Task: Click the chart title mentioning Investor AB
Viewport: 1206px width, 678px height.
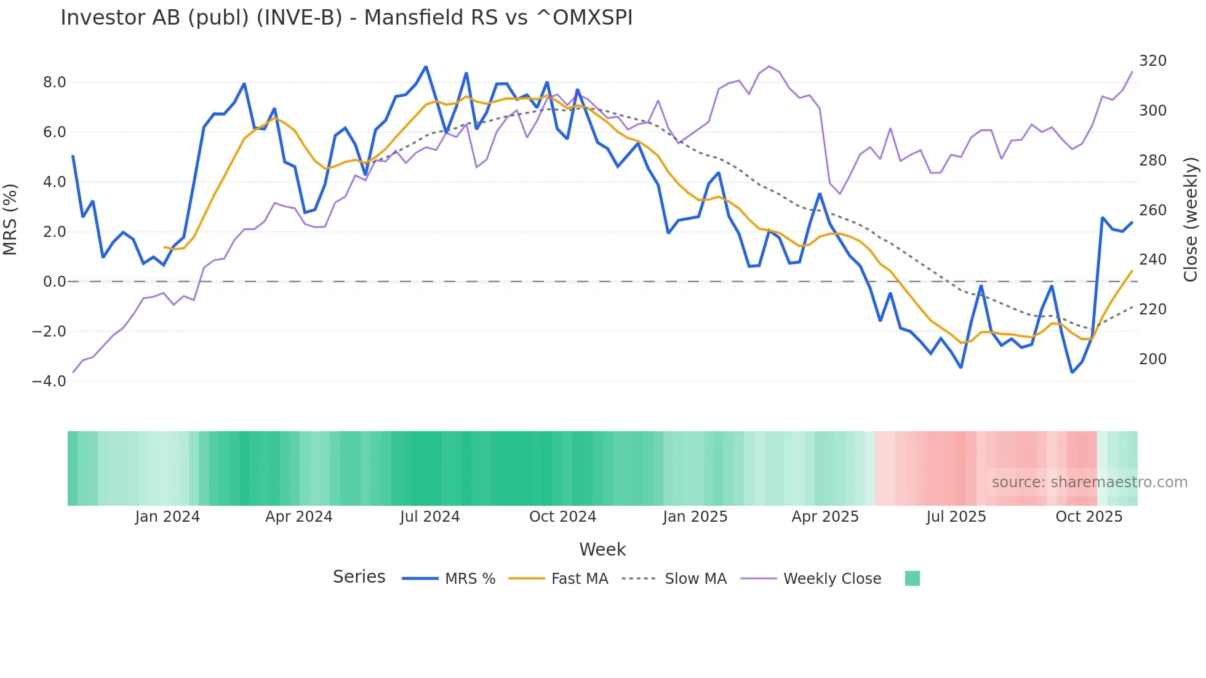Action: tap(346, 18)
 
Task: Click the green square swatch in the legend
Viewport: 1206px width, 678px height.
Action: tap(912, 578)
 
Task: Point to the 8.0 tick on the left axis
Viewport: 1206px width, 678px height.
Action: tap(54, 82)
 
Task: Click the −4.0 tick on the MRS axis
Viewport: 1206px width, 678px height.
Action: tap(49, 381)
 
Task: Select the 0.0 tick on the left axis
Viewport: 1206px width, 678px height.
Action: tap(54, 282)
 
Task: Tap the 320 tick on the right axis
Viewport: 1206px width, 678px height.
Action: tap(1152, 61)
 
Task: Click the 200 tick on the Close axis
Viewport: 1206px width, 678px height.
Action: tap(1152, 359)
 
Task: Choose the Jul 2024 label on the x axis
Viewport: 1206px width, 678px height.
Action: tap(429, 517)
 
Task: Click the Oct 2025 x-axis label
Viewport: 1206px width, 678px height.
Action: tap(1088, 517)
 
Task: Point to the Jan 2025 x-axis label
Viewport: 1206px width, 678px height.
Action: tap(695, 517)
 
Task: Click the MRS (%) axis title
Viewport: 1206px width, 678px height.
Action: tap(10, 220)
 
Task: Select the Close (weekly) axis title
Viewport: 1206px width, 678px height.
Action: tap(1191, 220)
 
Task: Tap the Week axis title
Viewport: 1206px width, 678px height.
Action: tap(602, 549)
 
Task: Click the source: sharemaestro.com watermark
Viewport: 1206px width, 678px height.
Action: tap(1089, 482)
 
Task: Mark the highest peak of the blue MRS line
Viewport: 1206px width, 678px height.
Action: tap(426, 66)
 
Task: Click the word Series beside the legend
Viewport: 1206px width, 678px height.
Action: tap(359, 577)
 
